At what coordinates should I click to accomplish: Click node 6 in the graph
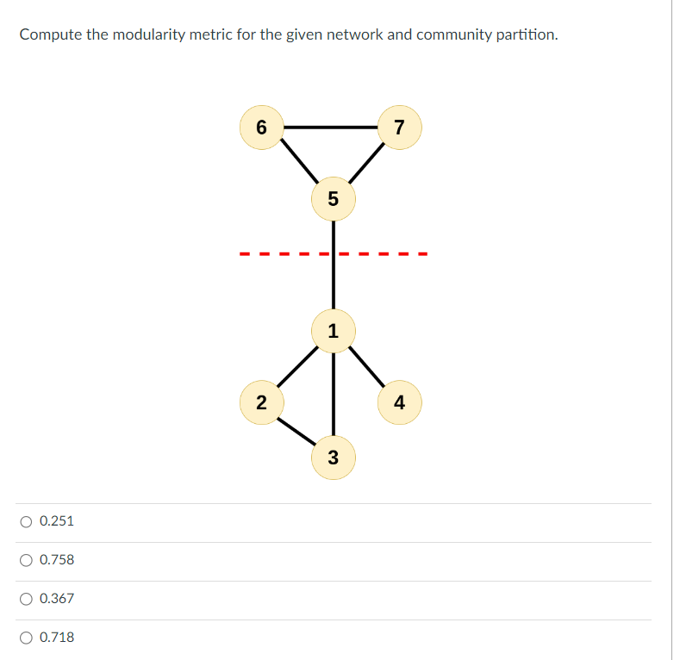[x=262, y=128]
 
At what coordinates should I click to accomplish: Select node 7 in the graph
[x=399, y=128]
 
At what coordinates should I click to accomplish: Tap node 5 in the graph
[x=334, y=198]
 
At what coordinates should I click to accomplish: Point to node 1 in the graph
[x=334, y=330]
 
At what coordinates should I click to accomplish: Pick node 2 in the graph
[x=262, y=402]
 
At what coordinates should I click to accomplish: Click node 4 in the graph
[x=399, y=402]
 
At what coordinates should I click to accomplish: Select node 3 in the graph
[x=334, y=457]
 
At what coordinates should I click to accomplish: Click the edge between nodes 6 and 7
[x=330, y=128]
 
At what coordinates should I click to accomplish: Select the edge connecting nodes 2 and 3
[x=297, y=429]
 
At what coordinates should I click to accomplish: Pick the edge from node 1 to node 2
[x=297, y=366]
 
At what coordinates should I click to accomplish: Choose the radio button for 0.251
[x=27, y=521]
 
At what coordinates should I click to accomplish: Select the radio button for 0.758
[x=27, y=560]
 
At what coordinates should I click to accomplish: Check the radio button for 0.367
[x=27, y=599]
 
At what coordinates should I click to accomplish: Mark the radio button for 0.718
[x=27, y=638]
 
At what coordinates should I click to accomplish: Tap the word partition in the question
[x=525, y=35]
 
